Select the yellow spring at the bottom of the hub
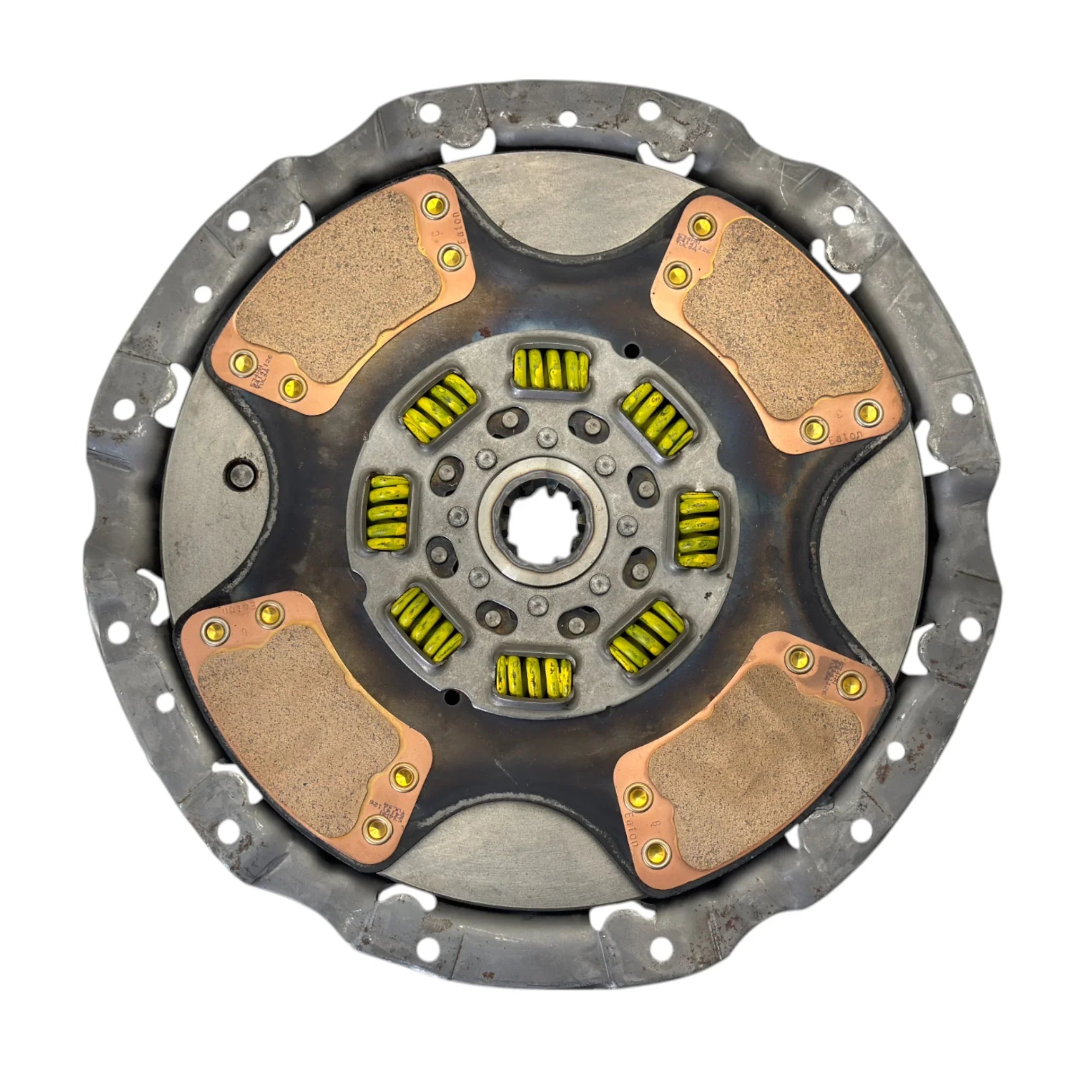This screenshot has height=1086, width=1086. pos(533,677)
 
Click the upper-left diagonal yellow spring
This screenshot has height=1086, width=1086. pos(440,406)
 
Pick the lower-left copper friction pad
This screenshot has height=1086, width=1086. pos(298,731)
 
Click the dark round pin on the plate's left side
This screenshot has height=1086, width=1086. pos(239,471)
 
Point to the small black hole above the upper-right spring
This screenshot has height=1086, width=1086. pos(633,349)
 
